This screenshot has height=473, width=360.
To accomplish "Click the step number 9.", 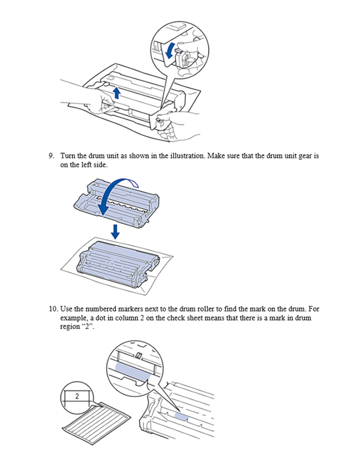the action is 51,156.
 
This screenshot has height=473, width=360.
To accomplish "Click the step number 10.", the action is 53,309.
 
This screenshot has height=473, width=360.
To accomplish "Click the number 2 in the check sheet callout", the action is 77,396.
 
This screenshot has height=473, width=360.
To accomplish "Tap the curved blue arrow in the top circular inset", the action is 170,50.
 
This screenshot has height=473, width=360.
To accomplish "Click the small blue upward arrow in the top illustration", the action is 117,94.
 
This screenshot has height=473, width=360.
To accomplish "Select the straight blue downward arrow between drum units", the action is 115,231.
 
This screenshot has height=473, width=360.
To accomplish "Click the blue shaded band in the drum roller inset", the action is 133,372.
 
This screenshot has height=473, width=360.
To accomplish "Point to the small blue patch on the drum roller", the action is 182,417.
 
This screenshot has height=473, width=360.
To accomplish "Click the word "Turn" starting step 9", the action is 68,156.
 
